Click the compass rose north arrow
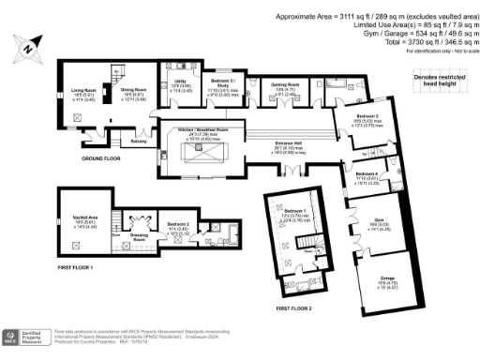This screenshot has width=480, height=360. (x=32, y=44)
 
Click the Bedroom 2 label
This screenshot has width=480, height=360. (x=179, y=224)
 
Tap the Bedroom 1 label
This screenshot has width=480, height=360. (x=294, y=212)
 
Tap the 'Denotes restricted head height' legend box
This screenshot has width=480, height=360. (x=440, y=83)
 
